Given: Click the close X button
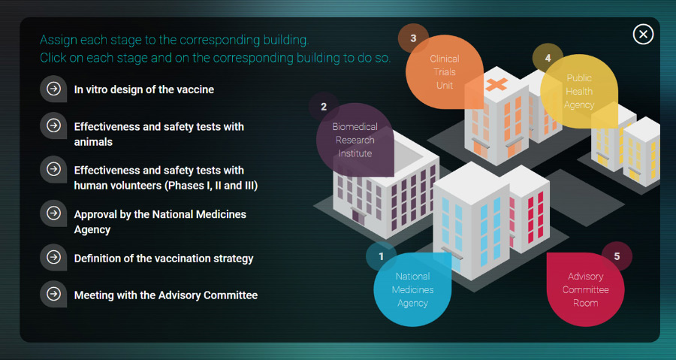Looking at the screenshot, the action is point(643,34).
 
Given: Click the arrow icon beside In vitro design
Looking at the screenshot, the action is point(53,89).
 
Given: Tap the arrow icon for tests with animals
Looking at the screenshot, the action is point(53,126).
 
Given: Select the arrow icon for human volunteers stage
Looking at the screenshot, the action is point(53,169).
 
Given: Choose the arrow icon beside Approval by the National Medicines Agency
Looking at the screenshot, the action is point(53,213).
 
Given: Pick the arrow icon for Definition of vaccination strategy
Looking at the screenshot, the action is point(53,257).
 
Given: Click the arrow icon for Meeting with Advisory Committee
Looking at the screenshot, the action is point(53,294).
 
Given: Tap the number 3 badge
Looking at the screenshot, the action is point(413,38).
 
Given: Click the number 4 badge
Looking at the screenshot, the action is point(548,58).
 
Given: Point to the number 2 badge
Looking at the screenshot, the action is point(324,107).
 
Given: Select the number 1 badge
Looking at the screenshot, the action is point(381,256).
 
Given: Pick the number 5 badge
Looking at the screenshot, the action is point(617,256).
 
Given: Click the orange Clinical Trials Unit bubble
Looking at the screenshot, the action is point(445,72).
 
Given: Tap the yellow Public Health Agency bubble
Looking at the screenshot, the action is point(579,92).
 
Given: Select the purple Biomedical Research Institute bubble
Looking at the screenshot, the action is point(355,140).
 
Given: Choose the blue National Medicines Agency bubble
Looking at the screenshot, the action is point(412,289).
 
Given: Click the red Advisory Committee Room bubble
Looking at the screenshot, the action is point(585,289).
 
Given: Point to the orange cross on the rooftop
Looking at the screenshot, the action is point(496,84).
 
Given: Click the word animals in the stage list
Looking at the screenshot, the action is point(93,142).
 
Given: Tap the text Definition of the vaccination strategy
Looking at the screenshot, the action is point(164,259).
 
